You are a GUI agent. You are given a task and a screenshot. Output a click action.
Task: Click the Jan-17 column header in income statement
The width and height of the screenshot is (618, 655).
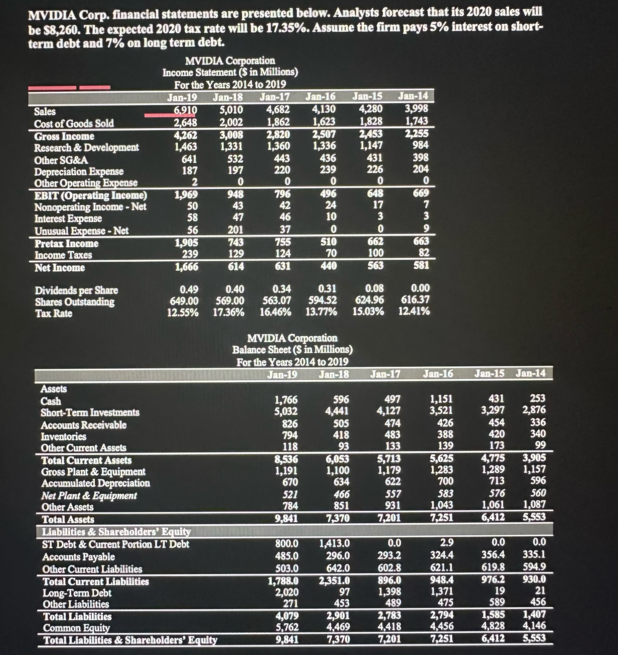click(x=274, y=97)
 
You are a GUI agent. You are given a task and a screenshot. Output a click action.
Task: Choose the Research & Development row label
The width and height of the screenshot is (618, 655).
click(x=86, y=148)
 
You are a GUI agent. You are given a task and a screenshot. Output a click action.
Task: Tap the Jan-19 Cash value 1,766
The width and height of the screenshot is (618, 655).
click(x=286, y=400)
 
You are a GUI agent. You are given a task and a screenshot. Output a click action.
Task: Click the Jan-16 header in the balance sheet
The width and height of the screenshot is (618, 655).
click(x=438, y=374)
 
